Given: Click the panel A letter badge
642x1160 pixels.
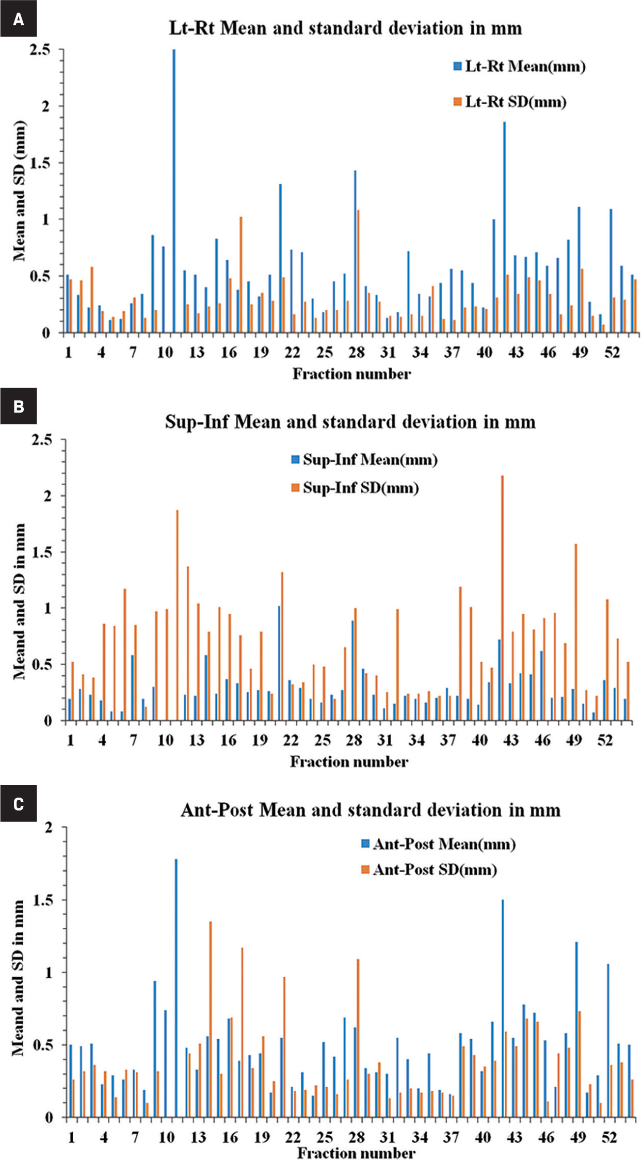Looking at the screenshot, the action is [x=19, y=19].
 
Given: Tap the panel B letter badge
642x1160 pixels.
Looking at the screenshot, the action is [x=19, y=406].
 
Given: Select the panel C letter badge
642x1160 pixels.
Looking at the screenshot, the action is [x=19, y=804].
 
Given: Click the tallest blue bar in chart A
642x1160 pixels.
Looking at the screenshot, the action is [x=174, y=191].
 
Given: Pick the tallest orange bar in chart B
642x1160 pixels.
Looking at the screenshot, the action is [x=503, y=598].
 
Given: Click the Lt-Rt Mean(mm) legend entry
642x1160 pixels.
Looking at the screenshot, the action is [x=520, y=67].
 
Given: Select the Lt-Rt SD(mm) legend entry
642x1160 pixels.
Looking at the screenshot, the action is [x=510, y=102].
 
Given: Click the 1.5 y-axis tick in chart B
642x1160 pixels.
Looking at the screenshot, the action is [x=42, y=552].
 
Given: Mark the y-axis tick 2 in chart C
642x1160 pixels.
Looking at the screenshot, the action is [x=49, y=828].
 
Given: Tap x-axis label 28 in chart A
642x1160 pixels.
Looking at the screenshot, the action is [x=357, y=353].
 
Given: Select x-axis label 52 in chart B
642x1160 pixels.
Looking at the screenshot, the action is [x=605, y=740].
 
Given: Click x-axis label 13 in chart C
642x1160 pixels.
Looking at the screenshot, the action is [x=198, y=1138].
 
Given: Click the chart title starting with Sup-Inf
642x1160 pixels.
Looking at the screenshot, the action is [x=350, y=422].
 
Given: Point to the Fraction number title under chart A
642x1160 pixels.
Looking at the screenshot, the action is [x=352, y=374].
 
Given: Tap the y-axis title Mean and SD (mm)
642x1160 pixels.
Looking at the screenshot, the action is [x=19, y=191].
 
